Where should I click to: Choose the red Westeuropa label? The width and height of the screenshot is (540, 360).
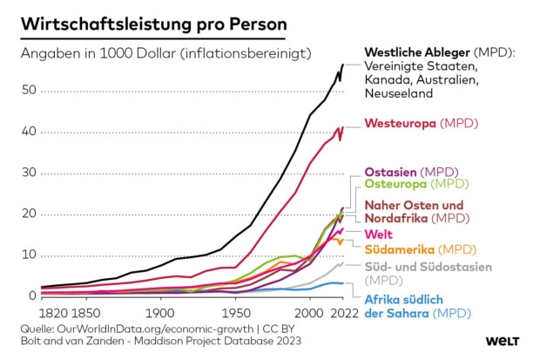[401, 123]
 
